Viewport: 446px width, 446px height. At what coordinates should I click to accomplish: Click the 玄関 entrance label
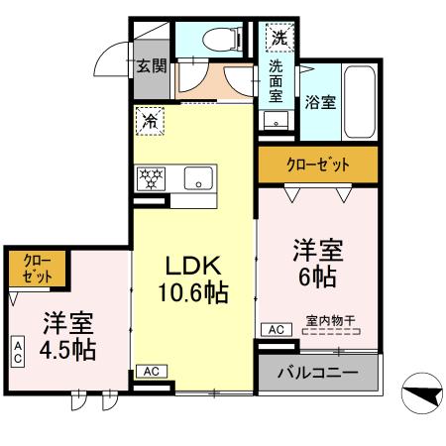coord(151,67)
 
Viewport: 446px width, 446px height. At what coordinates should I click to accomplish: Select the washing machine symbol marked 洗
coord(279,41)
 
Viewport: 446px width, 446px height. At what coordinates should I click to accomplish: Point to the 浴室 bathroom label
coord(319,101)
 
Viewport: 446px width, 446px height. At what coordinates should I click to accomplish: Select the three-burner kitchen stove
coord(155,179)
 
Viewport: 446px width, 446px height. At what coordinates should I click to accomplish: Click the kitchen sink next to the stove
coord(198,179)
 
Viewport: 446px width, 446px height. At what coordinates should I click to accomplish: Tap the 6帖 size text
coord(316,277)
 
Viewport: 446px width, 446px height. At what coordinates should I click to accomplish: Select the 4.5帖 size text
coord(68,351)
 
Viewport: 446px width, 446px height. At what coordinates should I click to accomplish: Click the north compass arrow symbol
coord(422,396)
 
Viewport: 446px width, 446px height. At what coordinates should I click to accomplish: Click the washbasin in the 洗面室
coord(275,120)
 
